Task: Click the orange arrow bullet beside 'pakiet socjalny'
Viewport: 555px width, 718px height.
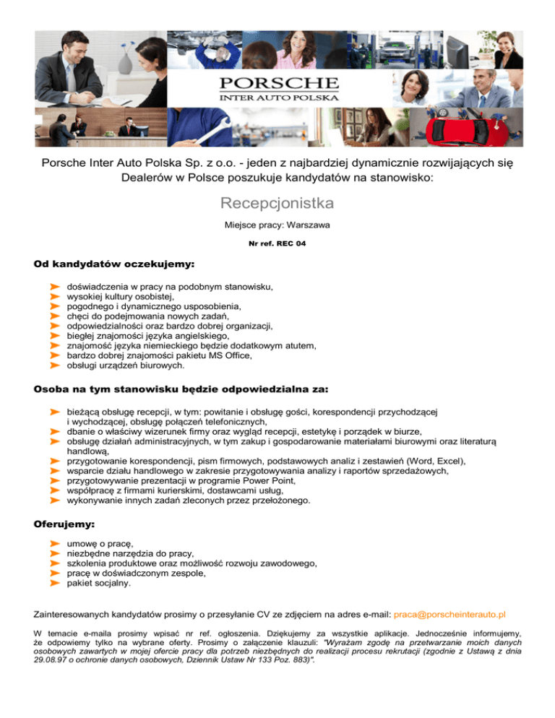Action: (53, 582)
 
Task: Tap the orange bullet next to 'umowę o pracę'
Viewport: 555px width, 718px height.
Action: (53, 542)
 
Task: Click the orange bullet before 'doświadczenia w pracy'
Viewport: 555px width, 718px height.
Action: (53, 287)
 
